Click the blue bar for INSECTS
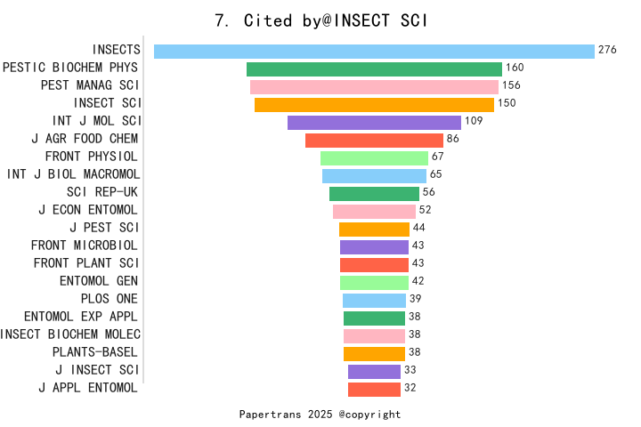374,51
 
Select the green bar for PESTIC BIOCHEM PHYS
374,68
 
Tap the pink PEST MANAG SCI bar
374,86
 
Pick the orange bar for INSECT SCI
374,104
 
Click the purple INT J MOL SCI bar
374,122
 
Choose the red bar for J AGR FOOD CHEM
374,140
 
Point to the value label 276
607,50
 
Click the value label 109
474,121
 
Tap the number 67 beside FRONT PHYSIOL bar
437,157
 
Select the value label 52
425,210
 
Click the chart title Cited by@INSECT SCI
321,20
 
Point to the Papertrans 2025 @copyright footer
320,415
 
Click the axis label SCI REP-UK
102,192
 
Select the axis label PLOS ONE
109,299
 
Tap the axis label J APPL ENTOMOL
88,388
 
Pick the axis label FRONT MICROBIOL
85,246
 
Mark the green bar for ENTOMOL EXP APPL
374,318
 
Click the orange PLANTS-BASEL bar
374,353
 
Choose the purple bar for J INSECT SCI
374,371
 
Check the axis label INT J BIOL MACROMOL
73,174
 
